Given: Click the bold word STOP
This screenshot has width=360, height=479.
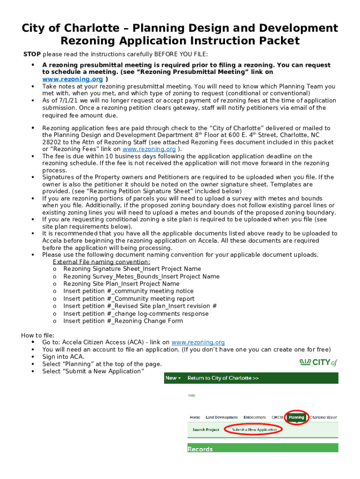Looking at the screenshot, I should coord(32,54).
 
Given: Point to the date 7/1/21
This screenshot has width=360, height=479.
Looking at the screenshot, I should coord(62,101).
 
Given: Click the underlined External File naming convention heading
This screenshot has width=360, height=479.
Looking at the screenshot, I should coord(101,262).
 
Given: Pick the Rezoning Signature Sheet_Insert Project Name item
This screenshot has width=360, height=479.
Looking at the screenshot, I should coord(132,269).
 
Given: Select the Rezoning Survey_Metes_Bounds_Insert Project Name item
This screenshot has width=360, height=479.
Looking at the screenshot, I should coord(141,276).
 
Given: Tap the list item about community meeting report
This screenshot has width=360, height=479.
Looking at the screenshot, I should coord(129,299).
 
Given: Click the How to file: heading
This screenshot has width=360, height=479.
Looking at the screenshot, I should coord(38,335).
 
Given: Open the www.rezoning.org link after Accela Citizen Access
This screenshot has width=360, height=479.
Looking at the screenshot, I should coord(198,342).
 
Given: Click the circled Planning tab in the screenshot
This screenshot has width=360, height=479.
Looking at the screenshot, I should coord(296,417).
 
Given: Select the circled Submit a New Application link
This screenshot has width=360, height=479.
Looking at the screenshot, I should coord(254,429).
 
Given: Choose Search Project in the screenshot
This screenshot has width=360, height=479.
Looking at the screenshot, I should coord(206,429).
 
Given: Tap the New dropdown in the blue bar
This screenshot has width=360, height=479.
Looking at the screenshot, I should coord(172,378).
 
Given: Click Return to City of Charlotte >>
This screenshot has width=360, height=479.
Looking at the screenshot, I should coord(223,378).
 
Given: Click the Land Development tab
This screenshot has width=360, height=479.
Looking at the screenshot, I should coord(222,417).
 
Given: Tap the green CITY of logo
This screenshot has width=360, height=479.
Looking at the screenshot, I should coord(318,363).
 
